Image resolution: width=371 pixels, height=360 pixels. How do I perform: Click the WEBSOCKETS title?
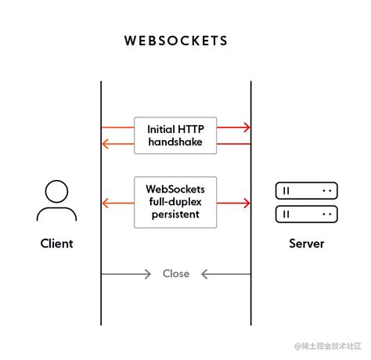pos(175,40)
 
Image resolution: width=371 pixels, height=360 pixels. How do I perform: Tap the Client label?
pos(56,243)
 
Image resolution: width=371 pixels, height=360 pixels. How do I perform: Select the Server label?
pos(306,243)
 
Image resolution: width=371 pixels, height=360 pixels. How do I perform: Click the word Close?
pos(176,274)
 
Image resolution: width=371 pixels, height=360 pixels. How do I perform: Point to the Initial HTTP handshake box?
pos(175,135)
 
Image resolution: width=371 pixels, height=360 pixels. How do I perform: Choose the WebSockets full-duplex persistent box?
pos(175,202)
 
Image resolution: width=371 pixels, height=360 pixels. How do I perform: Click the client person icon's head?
pos(56,191)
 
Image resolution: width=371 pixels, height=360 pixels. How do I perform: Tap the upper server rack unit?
pos(306,190)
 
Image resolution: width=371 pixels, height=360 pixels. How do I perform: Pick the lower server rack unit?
pos(306,214)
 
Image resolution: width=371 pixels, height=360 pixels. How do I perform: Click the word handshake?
pos(175,142)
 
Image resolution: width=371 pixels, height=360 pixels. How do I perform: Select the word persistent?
pos(175,214)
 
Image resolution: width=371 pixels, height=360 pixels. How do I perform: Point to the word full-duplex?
pos(175,202)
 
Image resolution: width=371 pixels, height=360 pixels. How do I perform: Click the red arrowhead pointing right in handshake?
pos(247,128)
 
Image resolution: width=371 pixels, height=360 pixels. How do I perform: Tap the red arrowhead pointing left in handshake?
pos(105,143)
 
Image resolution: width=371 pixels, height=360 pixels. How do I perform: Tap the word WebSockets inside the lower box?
pos(175,189)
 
